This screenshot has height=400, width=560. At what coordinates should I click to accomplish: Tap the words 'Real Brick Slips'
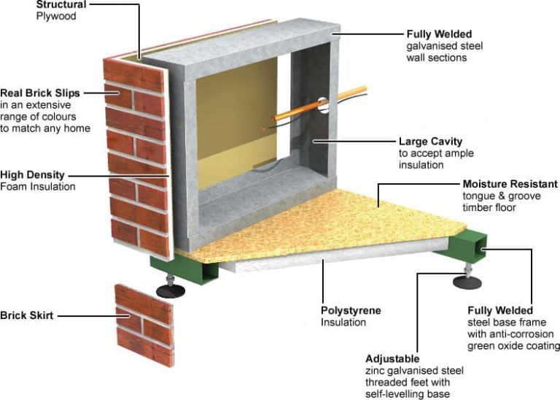pos(39,93)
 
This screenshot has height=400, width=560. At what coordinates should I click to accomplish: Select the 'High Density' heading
pos(32,175)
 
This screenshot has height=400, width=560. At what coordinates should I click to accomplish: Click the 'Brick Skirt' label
pos(27,315)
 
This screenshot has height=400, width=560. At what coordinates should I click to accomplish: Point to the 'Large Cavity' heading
pos(430,142)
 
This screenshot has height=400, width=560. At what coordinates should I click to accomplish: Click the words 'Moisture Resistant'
pos(510,184)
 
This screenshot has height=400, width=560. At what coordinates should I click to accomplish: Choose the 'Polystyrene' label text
pos(351,310)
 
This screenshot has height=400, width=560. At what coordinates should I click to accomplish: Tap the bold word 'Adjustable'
pos(392,359)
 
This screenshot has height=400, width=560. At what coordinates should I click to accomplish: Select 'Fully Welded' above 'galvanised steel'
pos(439,34)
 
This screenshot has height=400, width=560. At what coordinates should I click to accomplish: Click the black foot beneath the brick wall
pos(171,291)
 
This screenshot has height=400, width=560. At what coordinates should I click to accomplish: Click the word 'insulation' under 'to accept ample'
pos(421,165)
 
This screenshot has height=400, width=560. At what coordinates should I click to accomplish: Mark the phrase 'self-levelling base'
pos(408,394)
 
